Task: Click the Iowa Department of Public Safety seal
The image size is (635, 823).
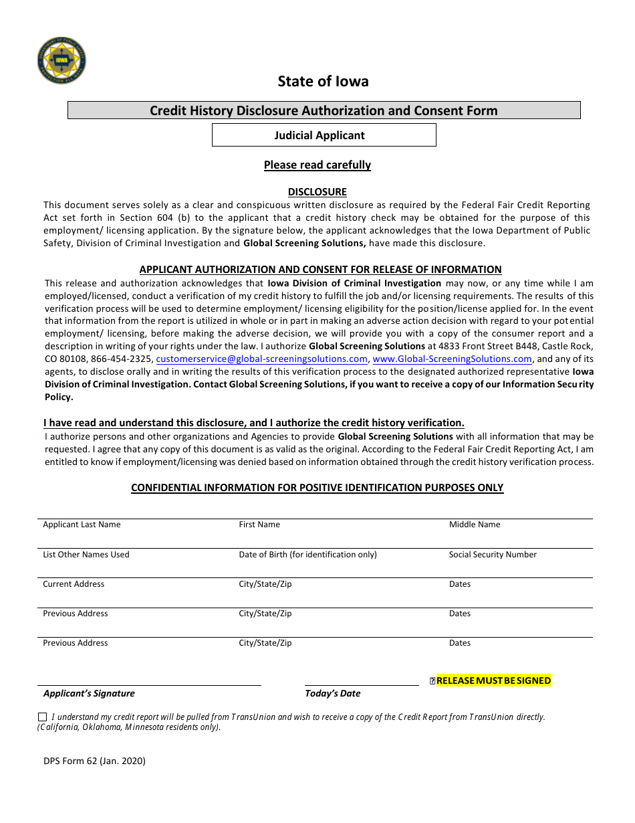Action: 61,61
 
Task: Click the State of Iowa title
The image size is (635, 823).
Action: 323,82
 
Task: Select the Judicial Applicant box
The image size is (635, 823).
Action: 324,135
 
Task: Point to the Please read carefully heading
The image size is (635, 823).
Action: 317,165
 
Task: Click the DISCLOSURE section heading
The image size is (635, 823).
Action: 317,192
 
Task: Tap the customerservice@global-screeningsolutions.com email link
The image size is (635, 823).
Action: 261,359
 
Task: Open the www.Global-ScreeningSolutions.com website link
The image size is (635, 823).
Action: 452,359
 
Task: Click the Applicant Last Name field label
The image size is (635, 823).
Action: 82,525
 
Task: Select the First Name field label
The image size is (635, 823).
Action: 259,525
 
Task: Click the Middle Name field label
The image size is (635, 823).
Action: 474,525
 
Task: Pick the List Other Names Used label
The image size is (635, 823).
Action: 86,555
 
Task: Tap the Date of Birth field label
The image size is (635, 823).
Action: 307,555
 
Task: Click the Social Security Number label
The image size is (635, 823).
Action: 493,555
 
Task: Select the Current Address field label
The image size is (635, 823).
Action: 74,584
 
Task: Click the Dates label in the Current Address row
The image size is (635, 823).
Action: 460,584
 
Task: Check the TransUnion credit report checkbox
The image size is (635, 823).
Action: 43,717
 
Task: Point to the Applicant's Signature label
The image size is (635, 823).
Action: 89,694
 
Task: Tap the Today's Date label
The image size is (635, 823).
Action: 332,694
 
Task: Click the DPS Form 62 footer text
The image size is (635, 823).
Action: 94,761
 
